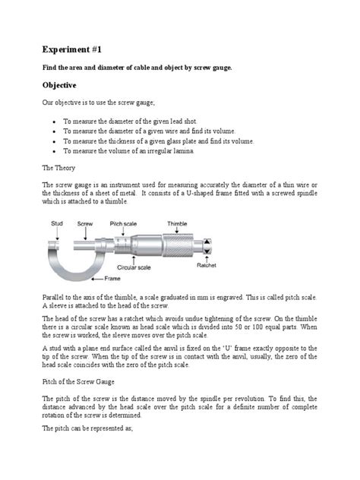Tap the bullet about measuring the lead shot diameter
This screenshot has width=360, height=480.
[144, 122]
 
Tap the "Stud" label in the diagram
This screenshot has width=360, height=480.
[57, 223]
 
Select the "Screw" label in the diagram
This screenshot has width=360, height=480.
[85, 223]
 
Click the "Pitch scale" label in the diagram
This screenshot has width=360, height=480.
[126, 223]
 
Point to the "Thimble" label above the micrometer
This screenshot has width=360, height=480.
[177, 223]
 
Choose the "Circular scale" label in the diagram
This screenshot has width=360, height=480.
[136, 267]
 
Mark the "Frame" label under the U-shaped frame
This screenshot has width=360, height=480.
[112, 279]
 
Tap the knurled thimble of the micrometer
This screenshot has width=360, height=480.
[181, 245]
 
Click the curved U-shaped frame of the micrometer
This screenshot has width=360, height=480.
[62, 262]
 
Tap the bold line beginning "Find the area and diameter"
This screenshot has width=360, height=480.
[137, 68]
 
